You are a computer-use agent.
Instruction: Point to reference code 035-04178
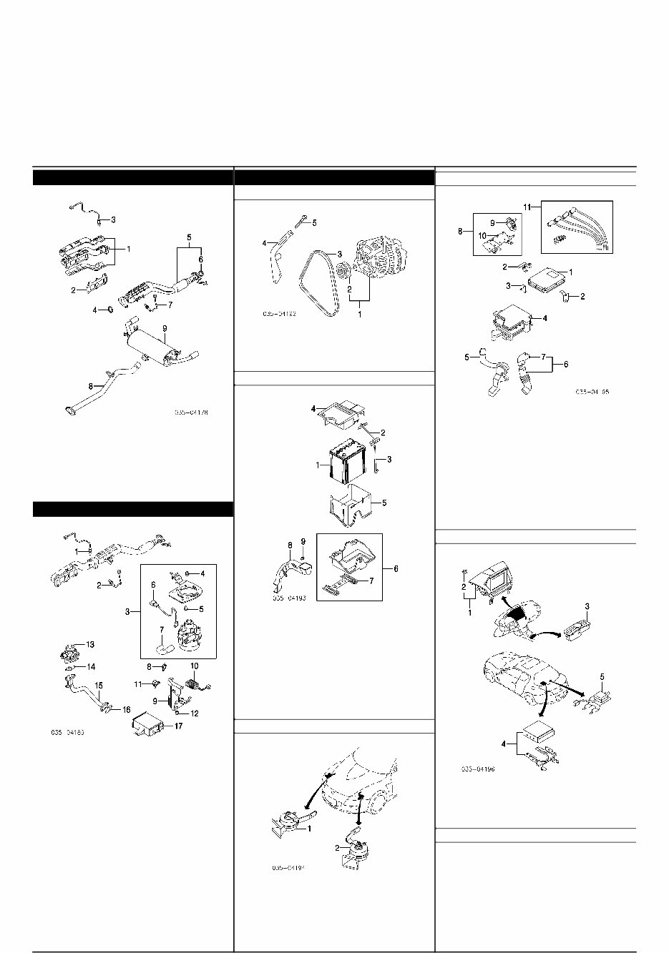[194, 413]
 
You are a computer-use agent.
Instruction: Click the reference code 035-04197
[288, 868]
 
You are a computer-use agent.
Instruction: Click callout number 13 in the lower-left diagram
[90, 644]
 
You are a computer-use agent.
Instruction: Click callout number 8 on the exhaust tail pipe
[91, 386]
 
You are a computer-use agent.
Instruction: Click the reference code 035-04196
[478, 769]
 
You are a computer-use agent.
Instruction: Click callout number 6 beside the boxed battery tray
[396, 568]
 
